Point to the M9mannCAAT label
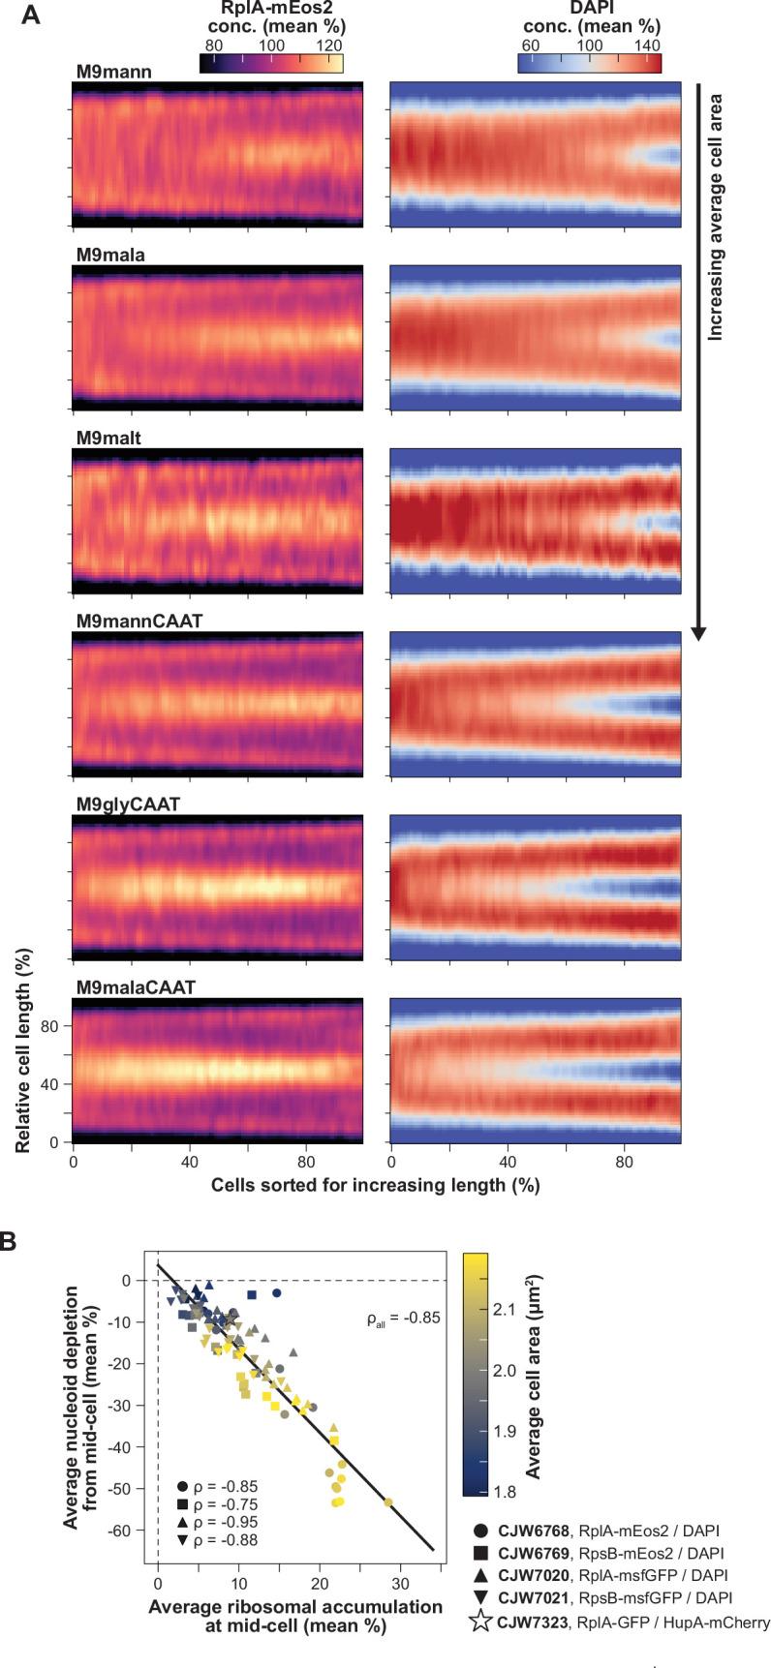click(x=139, y=622)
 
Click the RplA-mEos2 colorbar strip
click(x=271, y=64)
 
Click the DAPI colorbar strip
click(x=589, y=64)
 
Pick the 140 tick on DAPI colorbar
click(x=645, y=45)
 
